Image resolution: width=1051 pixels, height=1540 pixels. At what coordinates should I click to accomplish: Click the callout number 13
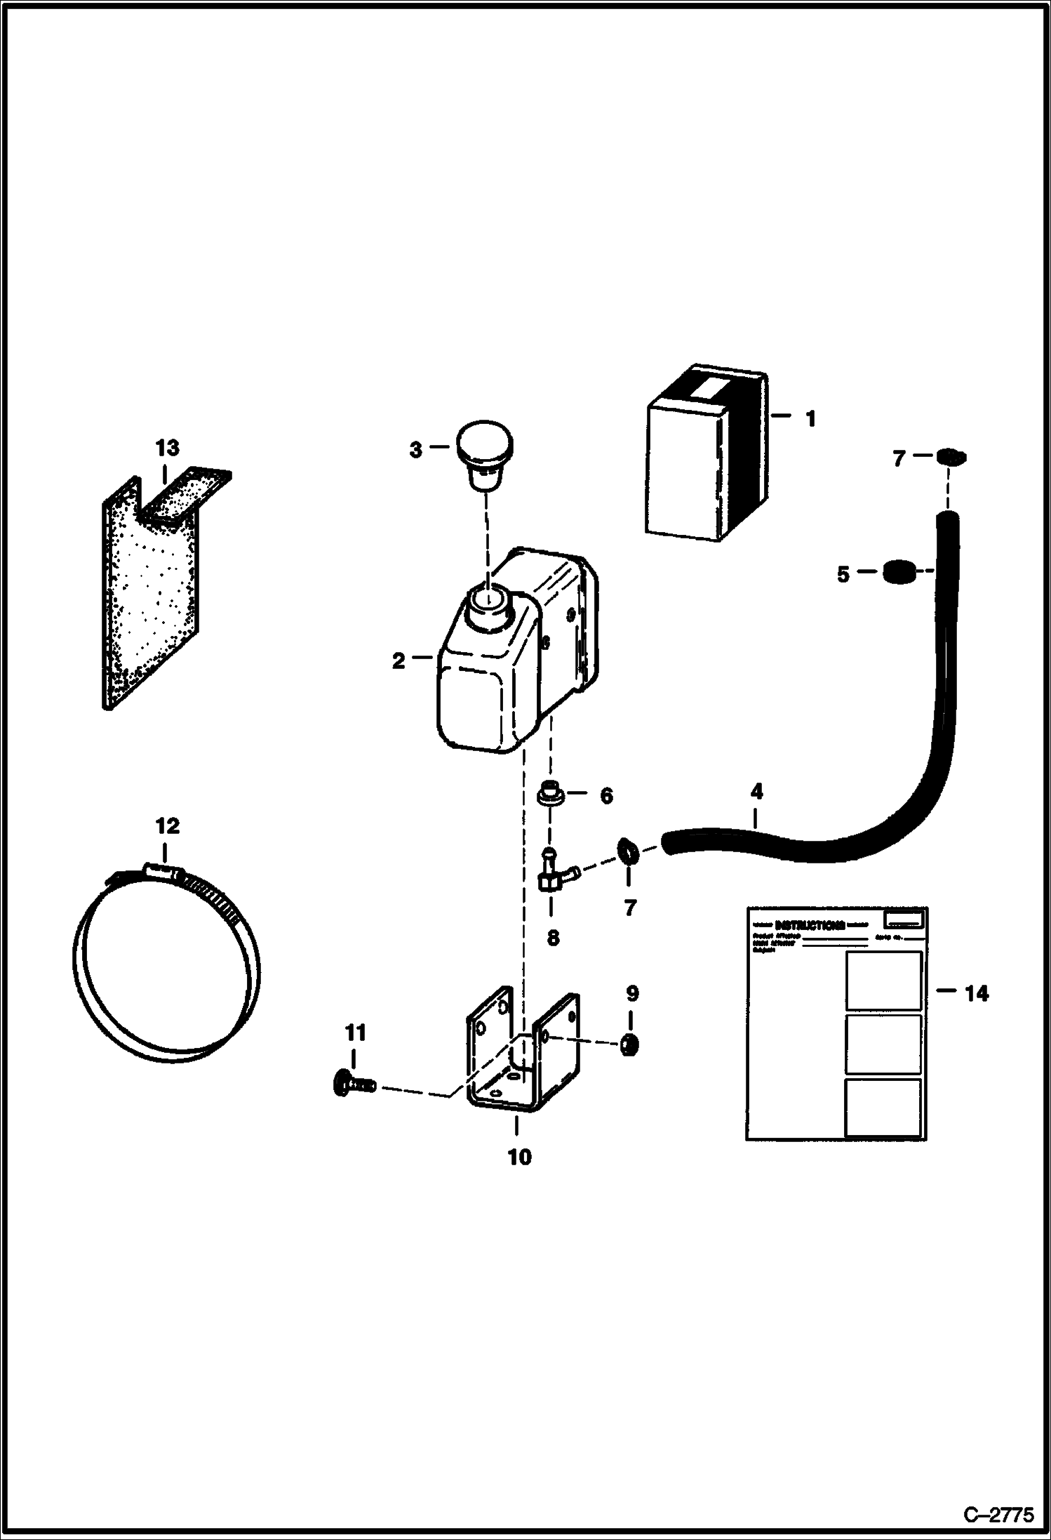click(167, 448)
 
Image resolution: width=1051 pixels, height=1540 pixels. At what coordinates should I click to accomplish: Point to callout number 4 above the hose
click(756, 792)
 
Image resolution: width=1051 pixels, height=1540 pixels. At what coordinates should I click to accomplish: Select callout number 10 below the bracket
click(519, 1157)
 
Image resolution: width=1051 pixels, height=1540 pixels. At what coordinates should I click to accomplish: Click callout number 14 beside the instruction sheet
click(977, 993)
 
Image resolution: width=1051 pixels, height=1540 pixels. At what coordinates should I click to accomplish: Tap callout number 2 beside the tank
click(399, 661)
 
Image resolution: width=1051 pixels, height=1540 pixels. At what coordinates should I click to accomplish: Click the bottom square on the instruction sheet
click(883, 1107)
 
